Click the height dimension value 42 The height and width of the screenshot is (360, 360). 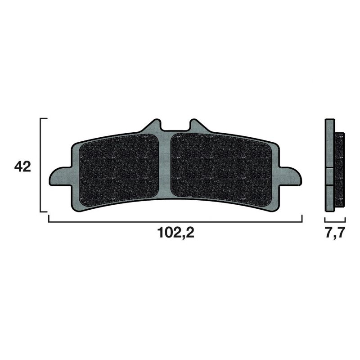pyautogui.click(x=22, y=167)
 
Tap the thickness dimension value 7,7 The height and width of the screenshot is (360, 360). pyautogui.click(x=334, y=234)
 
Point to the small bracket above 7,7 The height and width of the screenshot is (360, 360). pyautogui.click(x=334, y=220)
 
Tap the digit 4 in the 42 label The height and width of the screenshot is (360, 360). pyautogui.click(x=18, y=167)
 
